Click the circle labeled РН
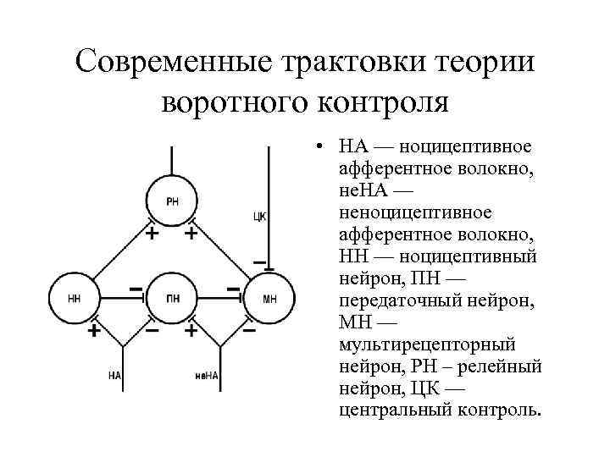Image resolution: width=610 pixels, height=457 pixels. (x=172, y=201)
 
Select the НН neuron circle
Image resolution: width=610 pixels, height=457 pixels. (x=74, y=297)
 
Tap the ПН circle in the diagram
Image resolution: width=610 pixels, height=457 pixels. (x=172, y=297)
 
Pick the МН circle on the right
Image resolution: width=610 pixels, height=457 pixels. (x=269, y=297)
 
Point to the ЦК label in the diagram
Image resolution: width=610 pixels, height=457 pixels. (x=260, y=217)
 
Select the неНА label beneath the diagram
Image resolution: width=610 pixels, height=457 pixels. (x=207, y=374)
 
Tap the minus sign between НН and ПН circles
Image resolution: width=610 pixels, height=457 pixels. (x=135, y=289)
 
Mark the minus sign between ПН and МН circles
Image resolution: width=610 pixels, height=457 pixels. (x=233, y=289)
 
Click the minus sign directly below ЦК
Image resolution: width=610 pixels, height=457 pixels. (x=258, y=261)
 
